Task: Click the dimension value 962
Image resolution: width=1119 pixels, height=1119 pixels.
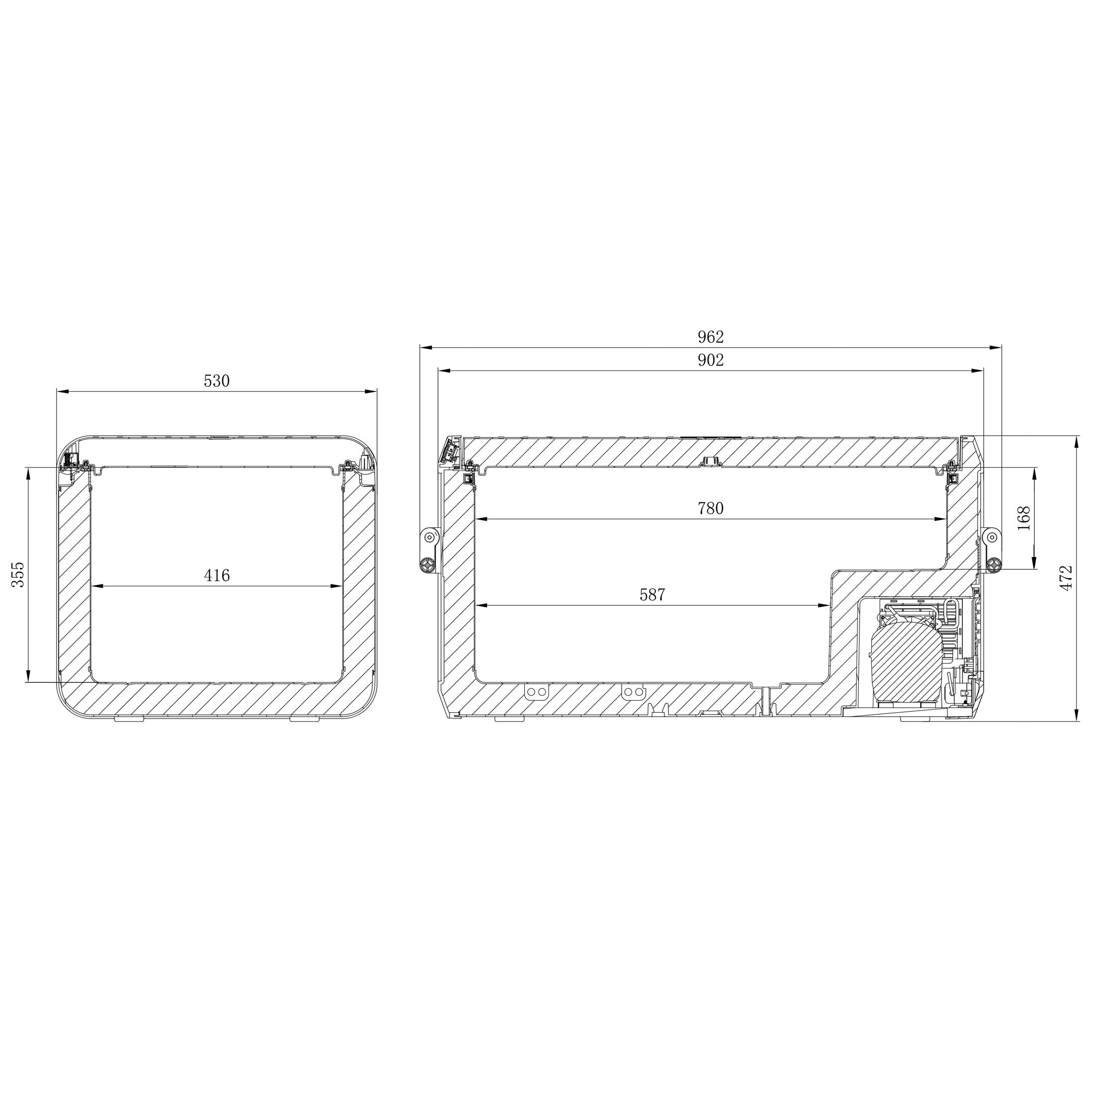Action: pos(710,337)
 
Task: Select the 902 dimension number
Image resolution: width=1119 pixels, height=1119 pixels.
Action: pos(710,360)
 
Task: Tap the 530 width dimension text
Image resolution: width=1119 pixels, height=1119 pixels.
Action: pos(217,381)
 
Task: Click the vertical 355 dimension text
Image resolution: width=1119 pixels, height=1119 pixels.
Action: pos(19,574)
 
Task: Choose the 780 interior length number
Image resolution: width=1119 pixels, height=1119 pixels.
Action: pos(710,509)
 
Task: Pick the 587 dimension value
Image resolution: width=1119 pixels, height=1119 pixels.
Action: pos(652,595)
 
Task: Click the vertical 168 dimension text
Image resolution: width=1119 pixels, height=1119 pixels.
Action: pos(1024,518)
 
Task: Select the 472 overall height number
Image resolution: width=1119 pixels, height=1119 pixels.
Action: pos(1066,577)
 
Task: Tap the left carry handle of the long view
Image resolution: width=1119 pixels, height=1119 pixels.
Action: pos(429,550)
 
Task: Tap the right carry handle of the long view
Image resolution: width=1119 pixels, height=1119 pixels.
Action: pos(993,550)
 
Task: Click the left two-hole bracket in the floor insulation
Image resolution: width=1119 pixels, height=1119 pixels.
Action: pos(535,692)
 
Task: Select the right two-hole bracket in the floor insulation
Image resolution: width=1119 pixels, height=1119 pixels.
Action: pos(633,692)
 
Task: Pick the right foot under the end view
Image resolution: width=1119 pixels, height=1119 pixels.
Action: pos(303,719)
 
